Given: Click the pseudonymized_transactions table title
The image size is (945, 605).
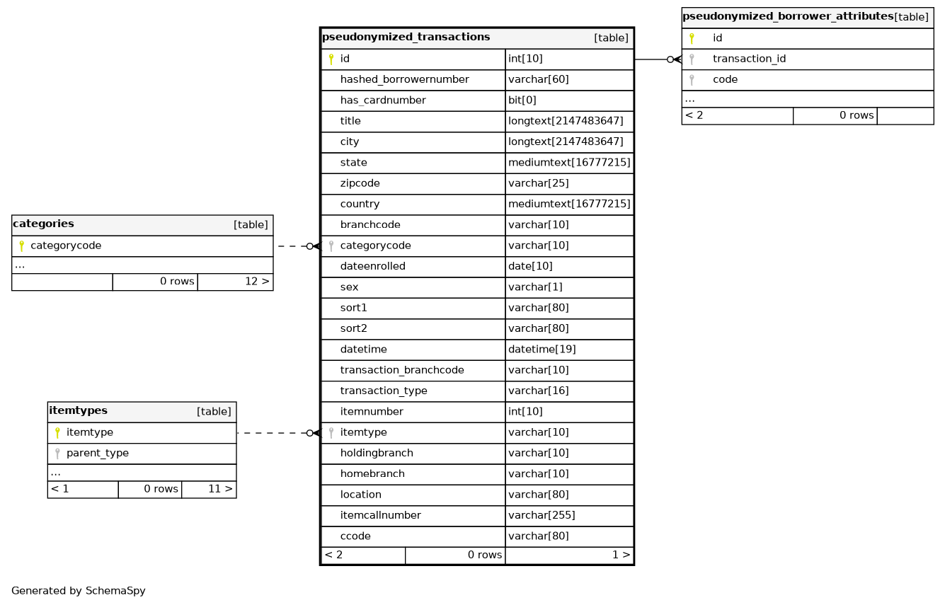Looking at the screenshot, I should [x=406, y=38].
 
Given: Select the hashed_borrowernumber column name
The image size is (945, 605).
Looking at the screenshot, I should [x=404, y=80].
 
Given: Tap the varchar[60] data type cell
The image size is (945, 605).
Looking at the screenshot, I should [x=538, y=80].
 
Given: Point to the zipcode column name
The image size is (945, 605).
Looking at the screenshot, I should [x=360, y=183].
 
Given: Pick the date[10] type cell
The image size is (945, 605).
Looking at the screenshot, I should [x=530, y=267].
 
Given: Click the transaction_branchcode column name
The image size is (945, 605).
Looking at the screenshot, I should [x=402, y=370].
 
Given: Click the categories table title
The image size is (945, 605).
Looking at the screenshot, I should [x=43, y=224].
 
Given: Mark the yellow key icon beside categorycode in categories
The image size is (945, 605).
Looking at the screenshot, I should [x=21, y=246].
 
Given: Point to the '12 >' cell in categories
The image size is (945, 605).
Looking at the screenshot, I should [x=257, y=282].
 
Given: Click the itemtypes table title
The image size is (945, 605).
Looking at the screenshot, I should [x=78, y=411].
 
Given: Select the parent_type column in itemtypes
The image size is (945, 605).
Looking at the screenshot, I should [x=97, y=454].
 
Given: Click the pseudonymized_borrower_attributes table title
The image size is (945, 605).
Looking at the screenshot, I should [x=787, y=17].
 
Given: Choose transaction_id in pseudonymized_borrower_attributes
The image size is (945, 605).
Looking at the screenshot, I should [x=749, y=59].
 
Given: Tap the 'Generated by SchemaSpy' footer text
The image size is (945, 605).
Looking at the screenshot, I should [x=78, y=591].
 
